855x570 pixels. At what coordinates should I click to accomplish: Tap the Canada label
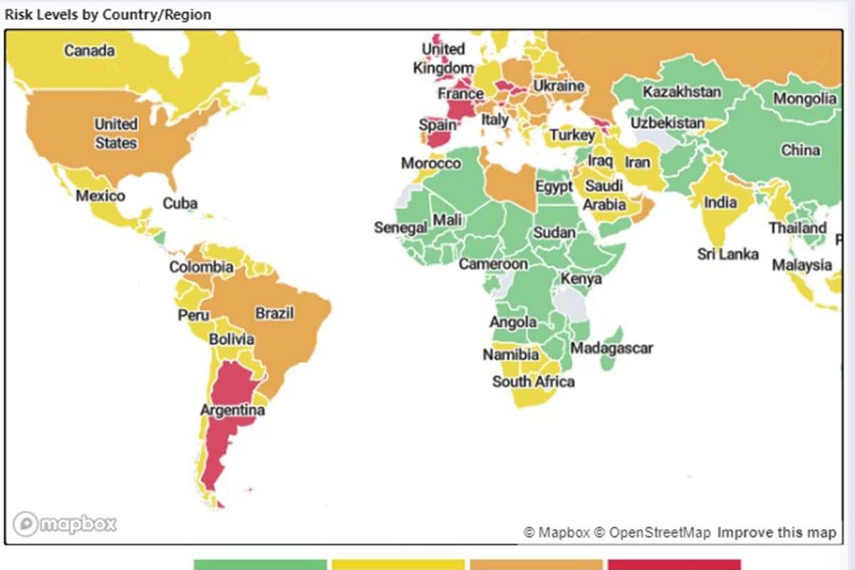89,51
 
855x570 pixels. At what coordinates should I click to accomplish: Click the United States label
116,133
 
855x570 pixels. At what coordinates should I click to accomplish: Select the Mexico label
100,195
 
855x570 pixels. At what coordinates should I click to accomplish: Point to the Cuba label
180,203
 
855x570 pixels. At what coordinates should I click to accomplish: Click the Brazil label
274,313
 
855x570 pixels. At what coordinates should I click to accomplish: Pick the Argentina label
232,410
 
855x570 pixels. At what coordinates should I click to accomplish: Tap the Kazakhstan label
682,92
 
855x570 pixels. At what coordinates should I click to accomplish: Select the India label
720,202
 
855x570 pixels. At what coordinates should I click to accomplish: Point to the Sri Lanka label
727,254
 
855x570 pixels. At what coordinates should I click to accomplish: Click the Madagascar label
611,348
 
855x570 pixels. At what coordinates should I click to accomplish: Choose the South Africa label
533,381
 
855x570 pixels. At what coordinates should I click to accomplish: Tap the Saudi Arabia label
604,195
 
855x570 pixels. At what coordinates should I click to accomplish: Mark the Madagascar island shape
611,354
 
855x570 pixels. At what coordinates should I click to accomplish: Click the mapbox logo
64,524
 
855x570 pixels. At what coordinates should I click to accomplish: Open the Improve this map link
777,532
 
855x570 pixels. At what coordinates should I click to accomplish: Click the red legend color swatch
674,564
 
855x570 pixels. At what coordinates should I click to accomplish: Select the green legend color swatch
260,564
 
